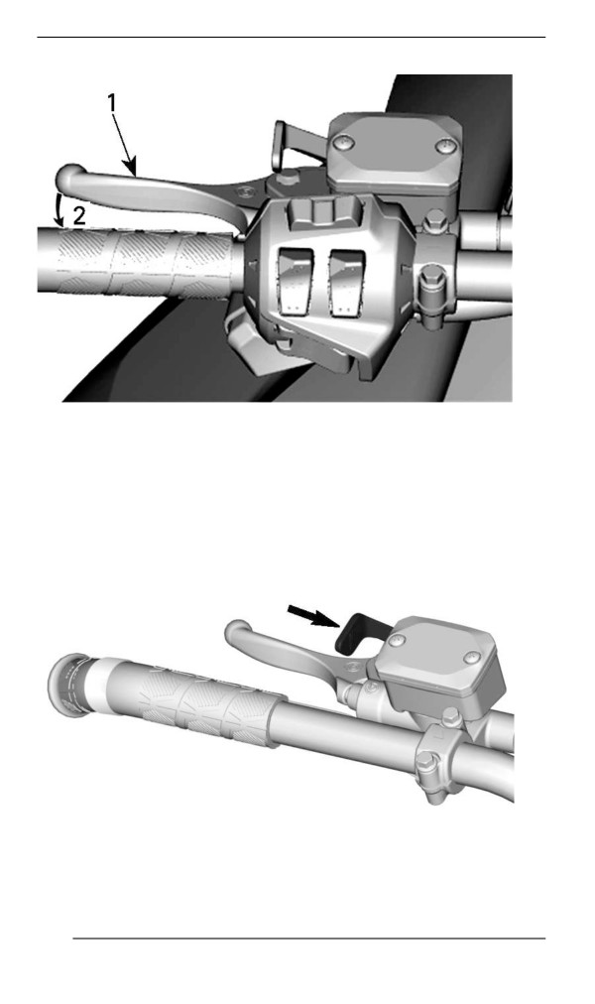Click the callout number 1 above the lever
point(112,103)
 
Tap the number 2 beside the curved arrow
point(78,215)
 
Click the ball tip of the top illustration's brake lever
point(69,176)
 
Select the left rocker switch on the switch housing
point(295,282)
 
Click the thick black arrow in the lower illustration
point(312,616)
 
